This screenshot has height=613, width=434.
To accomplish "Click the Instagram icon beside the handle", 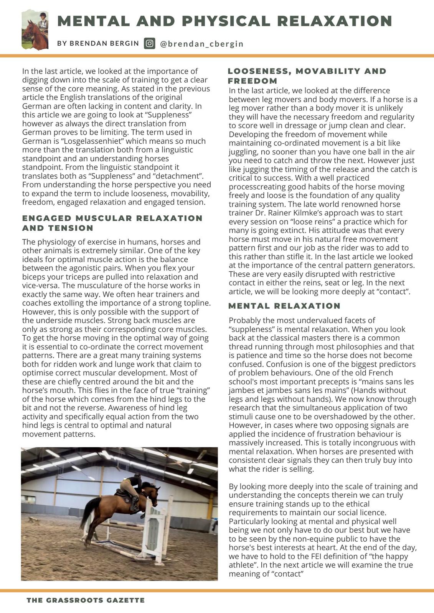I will pos(150,43).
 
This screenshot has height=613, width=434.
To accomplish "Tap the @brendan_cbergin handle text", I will pos(202,44).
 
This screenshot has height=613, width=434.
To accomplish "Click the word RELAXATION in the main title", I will pos(334,21).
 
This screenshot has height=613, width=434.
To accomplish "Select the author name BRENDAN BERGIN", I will pos(98,43).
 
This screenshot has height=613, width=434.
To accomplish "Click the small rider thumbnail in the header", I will pos(35,30).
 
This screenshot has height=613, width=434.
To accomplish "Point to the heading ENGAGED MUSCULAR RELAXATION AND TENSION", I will pos(112,223).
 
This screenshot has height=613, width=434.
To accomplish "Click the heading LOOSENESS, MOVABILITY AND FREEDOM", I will pos(307,76).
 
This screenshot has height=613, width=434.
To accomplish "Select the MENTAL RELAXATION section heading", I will pos(284,306).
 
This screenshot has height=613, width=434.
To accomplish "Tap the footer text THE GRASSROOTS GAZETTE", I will pos(86,600).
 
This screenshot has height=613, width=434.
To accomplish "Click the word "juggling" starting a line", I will pos(243,152).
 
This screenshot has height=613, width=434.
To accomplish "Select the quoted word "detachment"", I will pos(177,176).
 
